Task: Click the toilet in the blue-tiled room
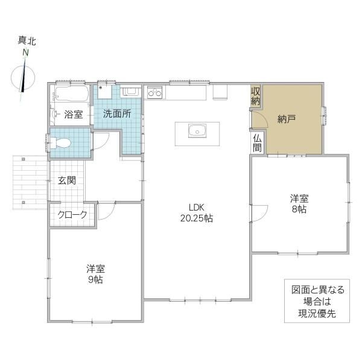tap(60, 143)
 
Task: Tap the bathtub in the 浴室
tap(71, 94)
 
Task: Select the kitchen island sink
tap(197, 131)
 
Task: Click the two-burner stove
tap(154, 92)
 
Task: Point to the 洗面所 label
tap(117, 113)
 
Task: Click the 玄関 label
tap(67, 180)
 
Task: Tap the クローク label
tap(72, 214)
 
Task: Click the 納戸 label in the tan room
tap(287, 119)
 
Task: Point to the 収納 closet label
tap(256, 96)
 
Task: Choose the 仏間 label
tap(257, 143)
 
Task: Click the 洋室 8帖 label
tap(299, 204)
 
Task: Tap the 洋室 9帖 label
tap(95, 274)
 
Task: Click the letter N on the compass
tap(25, 53)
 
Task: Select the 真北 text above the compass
tap(27, 41)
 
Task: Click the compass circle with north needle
tap(23, 78)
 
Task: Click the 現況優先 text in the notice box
tap(317, 314)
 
